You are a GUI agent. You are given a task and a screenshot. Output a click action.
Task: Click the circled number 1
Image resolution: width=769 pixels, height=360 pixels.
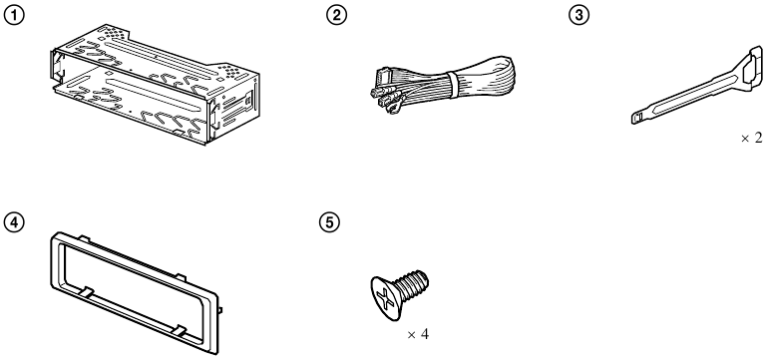[x=14, y=15]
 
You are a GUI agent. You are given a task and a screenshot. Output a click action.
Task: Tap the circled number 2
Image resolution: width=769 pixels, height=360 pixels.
[x=336, y=15]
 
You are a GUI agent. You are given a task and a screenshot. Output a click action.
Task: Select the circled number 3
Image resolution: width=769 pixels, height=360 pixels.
[x=578, y=15]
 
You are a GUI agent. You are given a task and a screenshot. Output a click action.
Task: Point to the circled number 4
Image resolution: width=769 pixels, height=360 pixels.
[x=14, y=222]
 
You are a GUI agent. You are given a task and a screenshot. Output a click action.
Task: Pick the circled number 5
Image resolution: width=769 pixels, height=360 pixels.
[x=329, y=222]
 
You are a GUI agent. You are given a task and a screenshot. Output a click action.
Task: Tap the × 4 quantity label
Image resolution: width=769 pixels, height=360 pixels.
[x=418, y=334]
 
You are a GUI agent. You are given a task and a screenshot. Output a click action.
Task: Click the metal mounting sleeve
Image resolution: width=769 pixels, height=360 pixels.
[x=155, y=85]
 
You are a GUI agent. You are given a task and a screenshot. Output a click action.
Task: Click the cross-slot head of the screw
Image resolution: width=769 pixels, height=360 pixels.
[x=384, y=298]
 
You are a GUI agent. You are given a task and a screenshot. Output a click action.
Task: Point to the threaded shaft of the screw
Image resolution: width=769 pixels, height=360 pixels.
[x=411, y=285]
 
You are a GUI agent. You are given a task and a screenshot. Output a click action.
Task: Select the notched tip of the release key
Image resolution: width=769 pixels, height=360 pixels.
[x=638, y=119]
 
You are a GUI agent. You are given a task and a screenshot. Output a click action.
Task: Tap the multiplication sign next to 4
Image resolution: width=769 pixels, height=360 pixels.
[x=412, y=335]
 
